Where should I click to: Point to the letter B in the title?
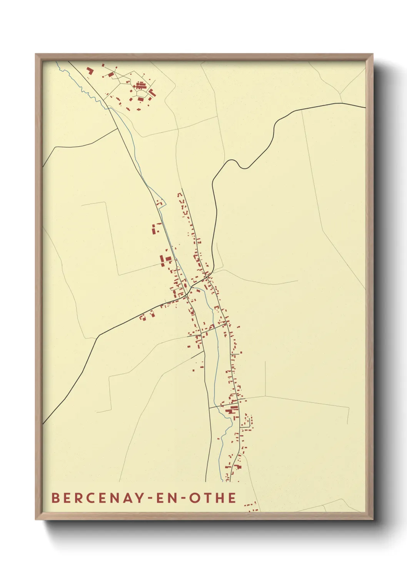click(55, 498)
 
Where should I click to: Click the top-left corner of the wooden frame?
click(36, 54)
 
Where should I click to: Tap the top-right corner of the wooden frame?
click(373, 54)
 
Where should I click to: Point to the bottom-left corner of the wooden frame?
click(36, 519)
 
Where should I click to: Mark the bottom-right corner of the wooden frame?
click(373, 519)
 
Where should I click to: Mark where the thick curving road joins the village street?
click(208, 277)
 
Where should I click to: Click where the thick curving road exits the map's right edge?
click(364, 107)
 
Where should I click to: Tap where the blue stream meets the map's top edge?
click(56, 62)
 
